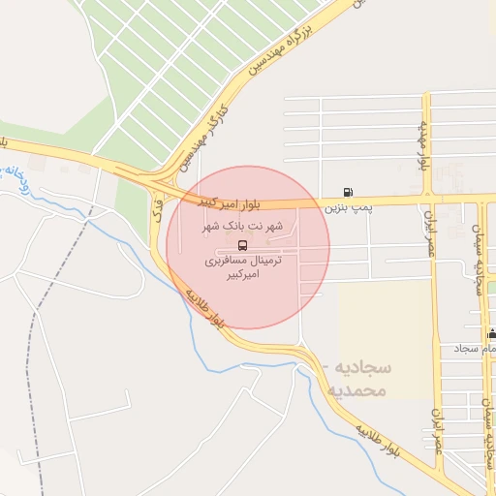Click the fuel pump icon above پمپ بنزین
pos(348,192)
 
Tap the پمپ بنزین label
pos(347,207)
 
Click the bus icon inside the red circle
pos(241,244)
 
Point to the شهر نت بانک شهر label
pos(242,227)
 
